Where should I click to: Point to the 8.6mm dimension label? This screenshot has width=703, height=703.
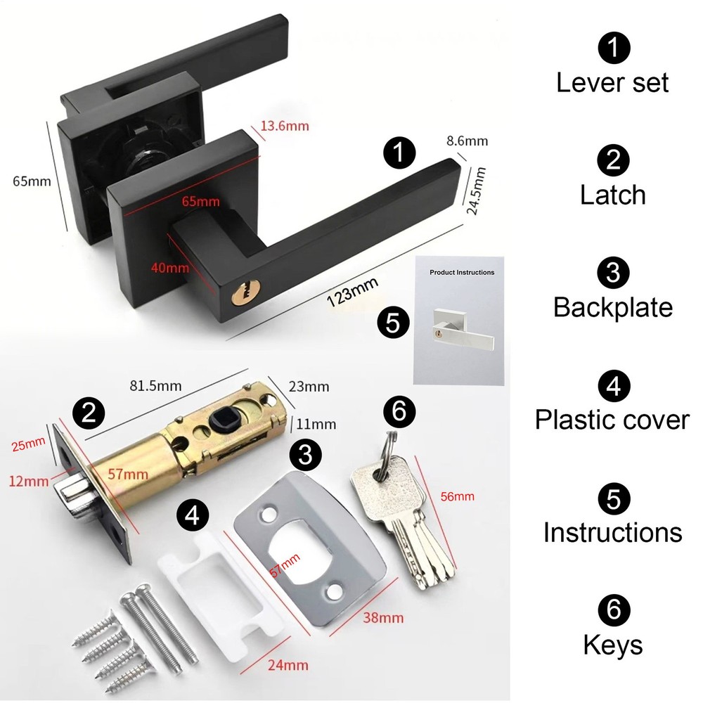coord(467,141)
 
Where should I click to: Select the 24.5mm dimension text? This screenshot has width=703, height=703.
coord(477,191)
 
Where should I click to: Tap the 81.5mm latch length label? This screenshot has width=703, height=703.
coord(156,385)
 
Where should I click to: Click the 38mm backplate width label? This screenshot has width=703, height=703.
coord(383,618)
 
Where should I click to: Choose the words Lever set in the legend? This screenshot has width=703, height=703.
coord(612,82)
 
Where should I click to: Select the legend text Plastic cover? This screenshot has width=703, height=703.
coord(612,420)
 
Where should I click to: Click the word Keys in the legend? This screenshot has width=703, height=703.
coord(612,645)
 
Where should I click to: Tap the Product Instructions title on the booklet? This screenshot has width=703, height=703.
coord(462,272)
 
